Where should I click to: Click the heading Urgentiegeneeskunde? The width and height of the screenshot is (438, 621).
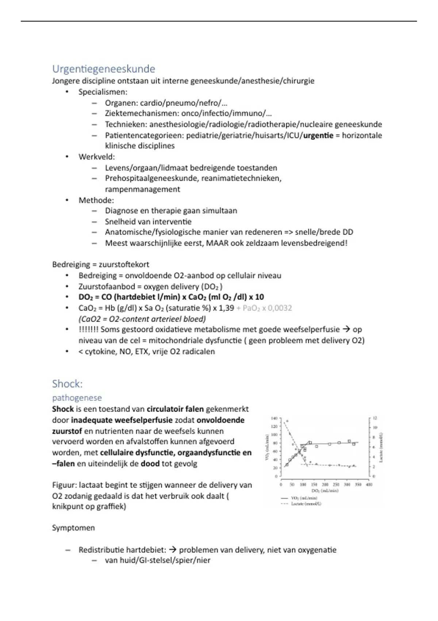(x=103, y=69)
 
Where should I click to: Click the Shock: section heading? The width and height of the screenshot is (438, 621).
(x=67, y=384)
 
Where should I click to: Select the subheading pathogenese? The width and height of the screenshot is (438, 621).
(x=77, y=398)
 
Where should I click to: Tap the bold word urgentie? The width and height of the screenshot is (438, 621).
(x=318, y=136)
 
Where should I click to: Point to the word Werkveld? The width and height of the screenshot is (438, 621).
(x=96, y=157)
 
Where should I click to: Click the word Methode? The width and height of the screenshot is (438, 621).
(x=96, y=200)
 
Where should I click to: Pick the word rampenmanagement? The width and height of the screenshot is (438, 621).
(x=142, y=189)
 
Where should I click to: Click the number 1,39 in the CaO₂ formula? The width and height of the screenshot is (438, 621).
(x=226, y=308)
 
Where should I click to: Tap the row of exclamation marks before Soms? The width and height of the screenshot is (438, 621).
(x=88, y=329)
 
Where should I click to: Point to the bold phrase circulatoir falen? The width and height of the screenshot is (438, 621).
(x=175, y=409)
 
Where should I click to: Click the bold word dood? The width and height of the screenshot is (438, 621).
(x=150, y=464)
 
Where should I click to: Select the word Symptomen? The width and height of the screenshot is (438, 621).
(x=73, y=528)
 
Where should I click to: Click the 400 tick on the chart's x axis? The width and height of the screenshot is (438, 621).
(x=369, y=485)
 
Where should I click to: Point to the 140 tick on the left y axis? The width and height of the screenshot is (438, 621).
(x=274, y=418)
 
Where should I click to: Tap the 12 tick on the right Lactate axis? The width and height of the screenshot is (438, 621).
(x=375, y=418)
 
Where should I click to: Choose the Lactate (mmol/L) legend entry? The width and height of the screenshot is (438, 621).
(x=306, y=504)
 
